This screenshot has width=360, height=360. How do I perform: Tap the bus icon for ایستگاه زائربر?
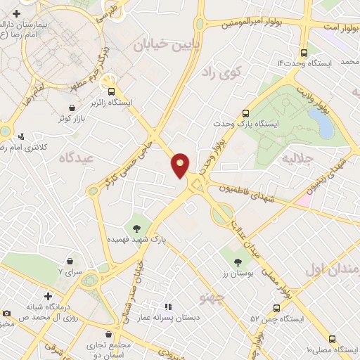110,91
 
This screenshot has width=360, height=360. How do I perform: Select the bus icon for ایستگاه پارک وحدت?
245,112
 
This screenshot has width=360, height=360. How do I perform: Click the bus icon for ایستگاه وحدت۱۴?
304,52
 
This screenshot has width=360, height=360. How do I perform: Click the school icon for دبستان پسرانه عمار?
167,307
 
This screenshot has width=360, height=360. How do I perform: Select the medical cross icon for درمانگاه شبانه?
47,297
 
